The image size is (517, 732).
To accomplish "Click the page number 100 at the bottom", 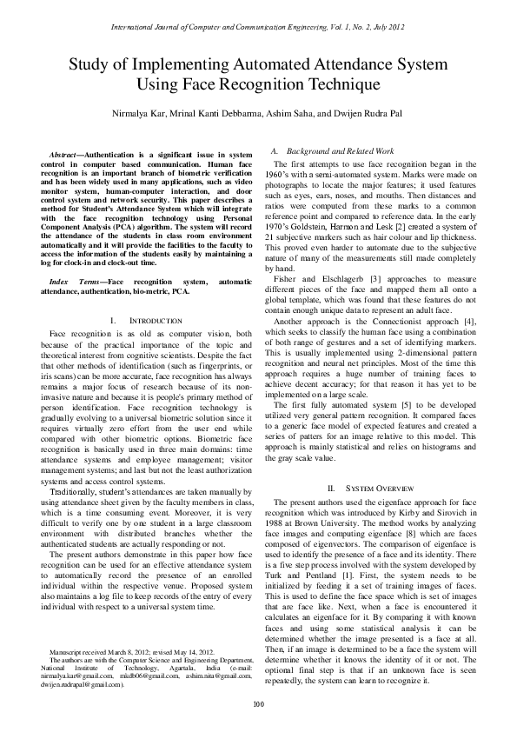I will [x=258, y=702].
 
